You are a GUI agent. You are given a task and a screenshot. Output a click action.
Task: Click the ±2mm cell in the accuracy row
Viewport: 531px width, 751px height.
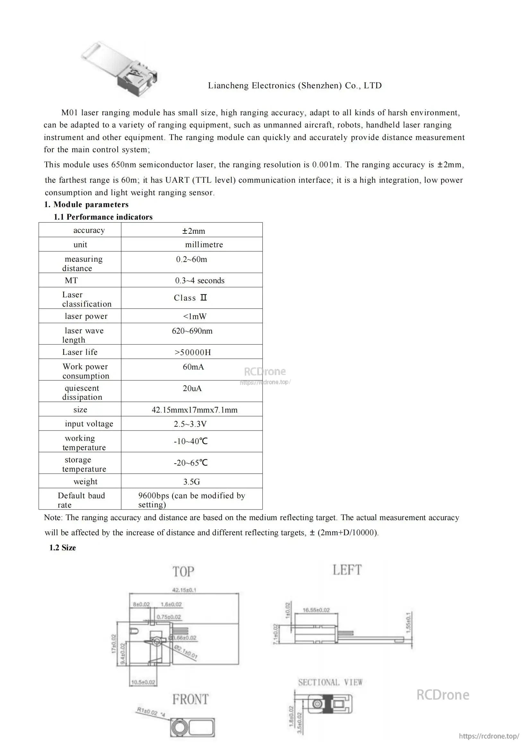click(194, 231)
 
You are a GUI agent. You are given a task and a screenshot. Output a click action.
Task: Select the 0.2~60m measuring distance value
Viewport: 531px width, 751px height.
click(192, 259)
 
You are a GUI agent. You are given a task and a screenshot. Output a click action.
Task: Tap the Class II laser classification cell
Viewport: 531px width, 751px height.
click(190, 298)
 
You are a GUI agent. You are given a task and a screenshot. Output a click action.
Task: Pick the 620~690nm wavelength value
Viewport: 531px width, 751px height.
click(192, 331)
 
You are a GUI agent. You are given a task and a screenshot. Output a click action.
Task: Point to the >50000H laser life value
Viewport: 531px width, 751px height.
click(193, 352)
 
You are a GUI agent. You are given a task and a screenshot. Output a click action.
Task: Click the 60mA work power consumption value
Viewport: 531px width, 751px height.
click(193, 367)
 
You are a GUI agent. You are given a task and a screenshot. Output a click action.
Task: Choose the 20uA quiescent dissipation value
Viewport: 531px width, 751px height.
click(192, 389)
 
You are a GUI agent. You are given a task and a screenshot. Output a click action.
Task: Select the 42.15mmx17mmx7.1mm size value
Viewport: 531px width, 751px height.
click(195, 410)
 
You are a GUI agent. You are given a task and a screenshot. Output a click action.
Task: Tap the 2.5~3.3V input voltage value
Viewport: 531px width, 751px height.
click(190, 424)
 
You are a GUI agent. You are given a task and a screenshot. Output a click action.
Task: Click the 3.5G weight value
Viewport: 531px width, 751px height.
click(192, 482)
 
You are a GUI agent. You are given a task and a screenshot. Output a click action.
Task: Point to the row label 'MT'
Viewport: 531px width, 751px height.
click(71, 281)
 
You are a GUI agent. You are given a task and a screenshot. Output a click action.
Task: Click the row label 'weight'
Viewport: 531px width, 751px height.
click(85, 482)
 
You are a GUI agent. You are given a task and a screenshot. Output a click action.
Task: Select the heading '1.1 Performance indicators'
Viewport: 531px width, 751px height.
click(103, 217)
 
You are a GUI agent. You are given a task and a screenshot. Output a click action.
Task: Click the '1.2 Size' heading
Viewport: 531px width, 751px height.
click(63, 548)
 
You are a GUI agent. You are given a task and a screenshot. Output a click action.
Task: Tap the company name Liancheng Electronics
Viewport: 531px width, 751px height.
click(295, 86)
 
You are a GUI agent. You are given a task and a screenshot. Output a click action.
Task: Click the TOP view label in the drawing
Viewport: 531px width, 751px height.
click(183, 572)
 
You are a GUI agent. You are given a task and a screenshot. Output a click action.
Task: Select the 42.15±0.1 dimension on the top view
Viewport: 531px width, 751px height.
click(184, 590)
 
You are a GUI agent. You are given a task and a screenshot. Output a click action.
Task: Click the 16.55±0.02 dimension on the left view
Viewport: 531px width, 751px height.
click(316, 610)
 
